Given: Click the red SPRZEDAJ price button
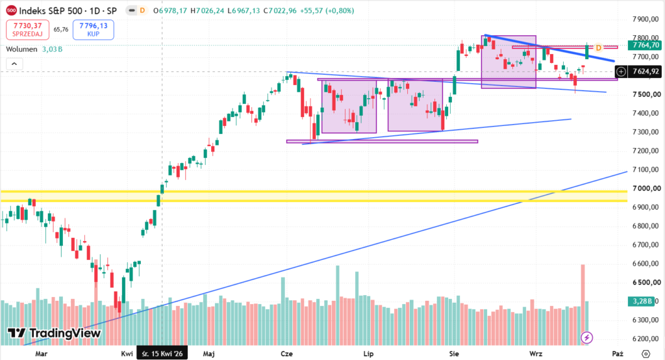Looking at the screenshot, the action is (27, 30).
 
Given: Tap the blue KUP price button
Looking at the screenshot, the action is (94, 30).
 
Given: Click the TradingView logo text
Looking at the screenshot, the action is (55, 333).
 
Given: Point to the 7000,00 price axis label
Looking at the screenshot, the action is (646, 188).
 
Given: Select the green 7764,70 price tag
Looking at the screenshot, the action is (646, 45).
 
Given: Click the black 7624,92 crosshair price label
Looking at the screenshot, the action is (646, 71).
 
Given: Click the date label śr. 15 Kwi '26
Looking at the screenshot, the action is (162, 354).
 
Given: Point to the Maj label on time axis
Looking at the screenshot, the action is (208, 354).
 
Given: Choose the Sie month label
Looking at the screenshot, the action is (454, 354).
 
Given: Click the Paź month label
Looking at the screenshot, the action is (618, 354).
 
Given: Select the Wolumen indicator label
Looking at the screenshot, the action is (21, 49).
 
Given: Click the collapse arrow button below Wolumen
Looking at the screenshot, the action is (14, 64).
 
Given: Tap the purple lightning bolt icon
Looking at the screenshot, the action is (587, 337).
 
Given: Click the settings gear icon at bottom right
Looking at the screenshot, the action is (646, 354).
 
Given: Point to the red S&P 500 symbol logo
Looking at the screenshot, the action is (12, 10).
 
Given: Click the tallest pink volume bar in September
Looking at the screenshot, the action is (583, 304).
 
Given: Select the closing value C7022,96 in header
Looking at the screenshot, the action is (279, 10).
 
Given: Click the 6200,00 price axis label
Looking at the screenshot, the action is (646, 339).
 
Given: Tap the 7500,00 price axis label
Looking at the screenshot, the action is (646, 94).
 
